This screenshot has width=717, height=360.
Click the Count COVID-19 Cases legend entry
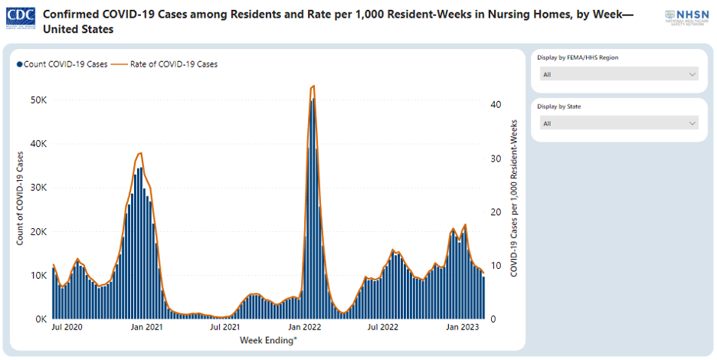[x=62, y=64]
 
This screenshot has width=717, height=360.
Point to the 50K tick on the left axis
[x=39, y=100]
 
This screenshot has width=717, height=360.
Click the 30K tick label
[x=39, y=188]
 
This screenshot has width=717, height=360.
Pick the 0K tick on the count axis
[x=41, y=319]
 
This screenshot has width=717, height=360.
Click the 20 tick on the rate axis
[x=496, y=212]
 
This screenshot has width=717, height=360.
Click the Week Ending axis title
[x=268, y=339]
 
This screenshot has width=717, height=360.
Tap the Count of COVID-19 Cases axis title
[x=21, y=198]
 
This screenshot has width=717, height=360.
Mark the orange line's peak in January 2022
[x=313, y=87]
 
